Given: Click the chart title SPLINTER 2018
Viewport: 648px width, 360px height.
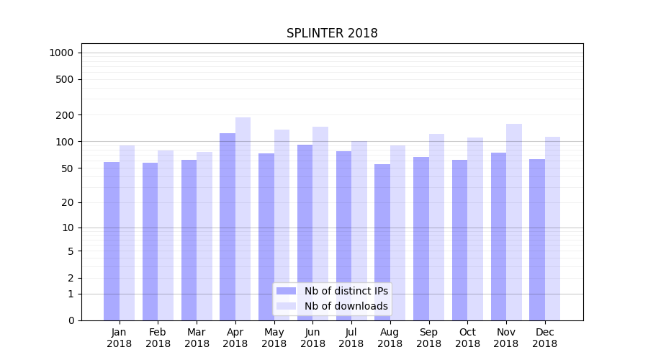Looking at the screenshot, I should [332, 33].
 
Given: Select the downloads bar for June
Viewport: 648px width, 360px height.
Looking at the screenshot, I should [320, 223].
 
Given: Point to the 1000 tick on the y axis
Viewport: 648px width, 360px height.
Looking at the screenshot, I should [61, 53].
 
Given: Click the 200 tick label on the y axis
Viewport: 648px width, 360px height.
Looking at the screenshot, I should [64, 115].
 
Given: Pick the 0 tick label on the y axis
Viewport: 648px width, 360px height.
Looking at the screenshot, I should [71, 320].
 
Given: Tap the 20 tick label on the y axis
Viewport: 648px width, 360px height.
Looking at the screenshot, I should [67, 202].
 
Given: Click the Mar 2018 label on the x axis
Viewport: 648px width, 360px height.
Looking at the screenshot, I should [197, 338].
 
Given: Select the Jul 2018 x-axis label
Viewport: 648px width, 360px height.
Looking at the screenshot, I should [351, 338].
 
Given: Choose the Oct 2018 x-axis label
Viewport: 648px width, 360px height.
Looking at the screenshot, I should [467, 338].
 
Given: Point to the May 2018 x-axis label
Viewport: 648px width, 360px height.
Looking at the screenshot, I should [274, 338].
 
